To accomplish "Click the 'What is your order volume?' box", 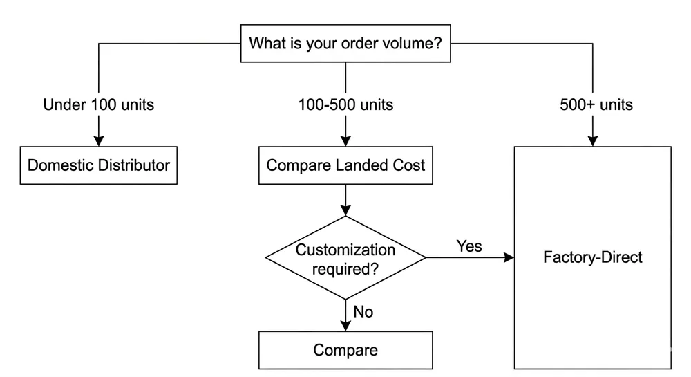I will click(345, 44).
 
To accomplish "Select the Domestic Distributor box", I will click(98, 165).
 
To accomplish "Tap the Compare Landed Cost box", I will click(345, 165).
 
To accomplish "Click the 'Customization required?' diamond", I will click(345, 258).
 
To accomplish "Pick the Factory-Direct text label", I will click(593, 257).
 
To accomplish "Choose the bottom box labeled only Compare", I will click(345, 350).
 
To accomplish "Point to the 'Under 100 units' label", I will click(98, 105).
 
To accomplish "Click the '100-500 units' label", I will click(345, 105).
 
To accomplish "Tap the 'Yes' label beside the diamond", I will click(469, 246).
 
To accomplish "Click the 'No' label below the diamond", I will click(363, 312).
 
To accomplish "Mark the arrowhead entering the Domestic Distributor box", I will click(98, 141).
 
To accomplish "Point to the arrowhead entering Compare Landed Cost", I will click(345, 141).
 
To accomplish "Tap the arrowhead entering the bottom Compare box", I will click(345, 326).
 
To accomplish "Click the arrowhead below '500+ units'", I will click(593, 141).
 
